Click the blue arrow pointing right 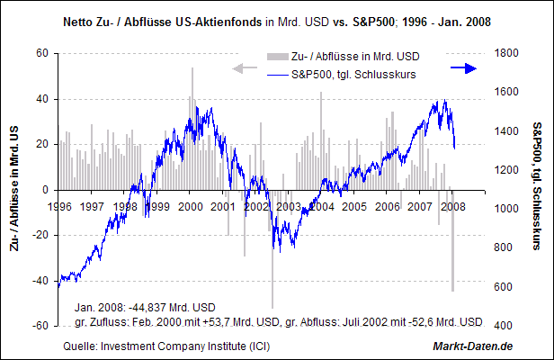click(x=462, y=68)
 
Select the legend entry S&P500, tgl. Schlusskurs click(x=353, y=74)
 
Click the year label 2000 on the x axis click(x=191, y=206)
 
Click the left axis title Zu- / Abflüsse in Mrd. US click(x=15, y=190)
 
